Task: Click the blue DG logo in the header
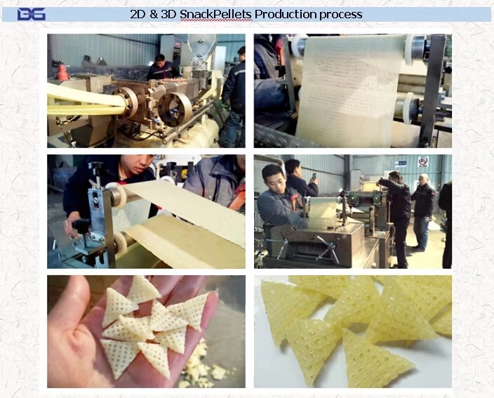pyautogui.click(x=31, y=15)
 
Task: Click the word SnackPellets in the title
pyautogui.click(x=216, y=14)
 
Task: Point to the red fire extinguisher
pyautogui.click(x=62, y=72)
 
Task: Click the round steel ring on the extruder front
pyautogui.click(x=174, y=109)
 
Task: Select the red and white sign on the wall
pyautogui.click(x=423, y=161)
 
